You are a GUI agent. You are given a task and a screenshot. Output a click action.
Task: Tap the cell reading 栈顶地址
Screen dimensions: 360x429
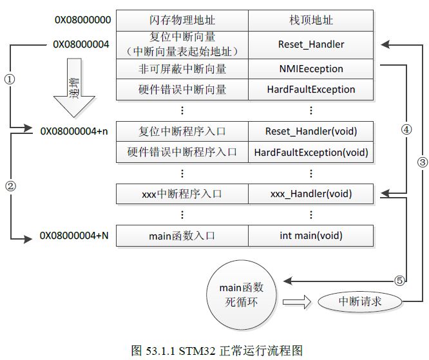[x=310, y=20]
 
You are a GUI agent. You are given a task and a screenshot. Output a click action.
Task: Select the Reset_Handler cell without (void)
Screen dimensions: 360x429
[x=310, y=44]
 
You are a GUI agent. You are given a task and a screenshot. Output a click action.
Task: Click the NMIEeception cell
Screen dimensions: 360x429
[x=310, y=68]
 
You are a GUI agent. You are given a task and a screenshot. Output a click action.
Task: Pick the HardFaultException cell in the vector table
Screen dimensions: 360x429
[x=310, y=90]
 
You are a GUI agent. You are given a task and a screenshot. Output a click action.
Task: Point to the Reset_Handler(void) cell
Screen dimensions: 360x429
[x=310, y=131]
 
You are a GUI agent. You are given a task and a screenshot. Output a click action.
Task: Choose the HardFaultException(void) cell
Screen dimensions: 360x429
[x=310, y=153]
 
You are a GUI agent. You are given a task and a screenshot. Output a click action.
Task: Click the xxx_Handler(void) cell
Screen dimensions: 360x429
[x=310, y=193]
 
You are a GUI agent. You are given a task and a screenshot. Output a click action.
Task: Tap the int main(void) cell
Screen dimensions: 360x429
[x=310, y=236]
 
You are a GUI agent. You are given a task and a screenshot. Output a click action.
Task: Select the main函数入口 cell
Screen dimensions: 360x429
[x=182, y=236]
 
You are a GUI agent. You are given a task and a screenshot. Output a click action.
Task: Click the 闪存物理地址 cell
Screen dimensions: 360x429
[x=182, y=20]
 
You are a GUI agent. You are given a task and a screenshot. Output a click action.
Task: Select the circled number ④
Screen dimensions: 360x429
[x=406, y=128]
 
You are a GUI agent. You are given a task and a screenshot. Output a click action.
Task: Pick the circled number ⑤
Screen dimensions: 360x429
[x=399, y=280]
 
